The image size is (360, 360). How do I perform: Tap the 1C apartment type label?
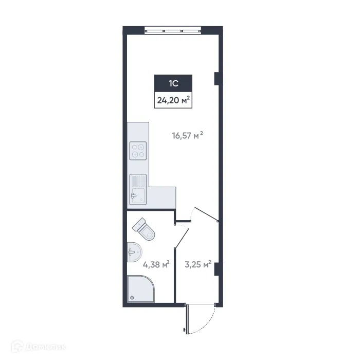point(173,83)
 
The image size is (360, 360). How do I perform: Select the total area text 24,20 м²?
point(173,100)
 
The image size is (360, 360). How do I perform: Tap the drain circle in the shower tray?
point(133,297)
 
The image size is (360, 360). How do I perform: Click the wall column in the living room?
point(217,78)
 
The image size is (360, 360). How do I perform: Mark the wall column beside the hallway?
point(217,269)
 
